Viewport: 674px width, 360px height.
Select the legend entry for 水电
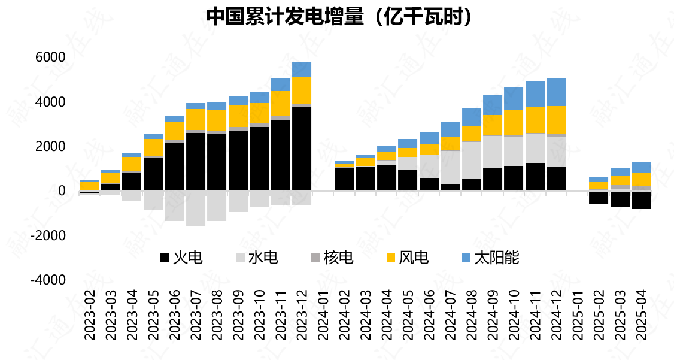[x=256, y=258]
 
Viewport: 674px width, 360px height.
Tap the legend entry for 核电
[x=332, y=258]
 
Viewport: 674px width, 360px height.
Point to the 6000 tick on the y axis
[x=50, y=58]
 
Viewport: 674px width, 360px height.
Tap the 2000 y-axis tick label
[x=50, y=147]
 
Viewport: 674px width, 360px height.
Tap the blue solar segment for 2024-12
[x=556, y=92]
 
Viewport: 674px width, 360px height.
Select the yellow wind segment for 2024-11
[x=535, y=120]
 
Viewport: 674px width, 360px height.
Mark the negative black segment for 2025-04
[x=641, y=199]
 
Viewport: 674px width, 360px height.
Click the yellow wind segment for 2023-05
[x=153, y=148]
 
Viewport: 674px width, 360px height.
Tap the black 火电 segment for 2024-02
[x=344, y=179]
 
